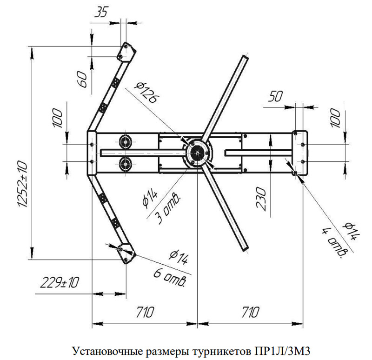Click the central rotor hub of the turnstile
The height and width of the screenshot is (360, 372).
[198, 152]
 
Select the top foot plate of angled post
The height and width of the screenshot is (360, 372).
[125, 51]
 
